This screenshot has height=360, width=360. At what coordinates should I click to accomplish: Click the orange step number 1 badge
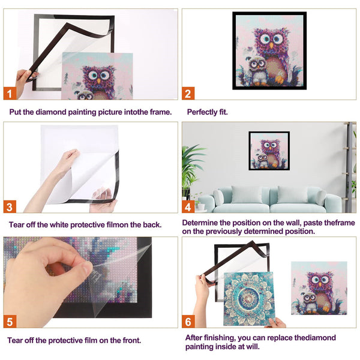pyautogui.click(x=10, y=93)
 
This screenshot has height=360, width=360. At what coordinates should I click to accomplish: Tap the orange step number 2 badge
pyautogui.click(x=188, y=93)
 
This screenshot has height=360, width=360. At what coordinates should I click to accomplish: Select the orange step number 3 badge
pyautogui.click(x=10, y=206)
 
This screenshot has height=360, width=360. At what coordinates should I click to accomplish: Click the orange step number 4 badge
pyautogui.click(x=188, y=206)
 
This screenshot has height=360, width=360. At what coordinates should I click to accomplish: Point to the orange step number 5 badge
pyautogui.click(x=10, y=321)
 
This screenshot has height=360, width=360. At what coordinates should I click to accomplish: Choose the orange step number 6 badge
pyautogui.click(x=188, y=321)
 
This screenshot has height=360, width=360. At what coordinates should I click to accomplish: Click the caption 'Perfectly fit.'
pyautogui.click(x=207, y=112)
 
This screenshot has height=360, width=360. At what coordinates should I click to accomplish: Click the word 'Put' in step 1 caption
pyautogui.click(x=16, y=112)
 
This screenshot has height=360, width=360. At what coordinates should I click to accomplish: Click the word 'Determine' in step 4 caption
pyautogui.click(x=202, y=222)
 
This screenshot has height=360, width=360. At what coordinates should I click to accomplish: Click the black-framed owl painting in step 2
pyautogui.click(x=269, y=50)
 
